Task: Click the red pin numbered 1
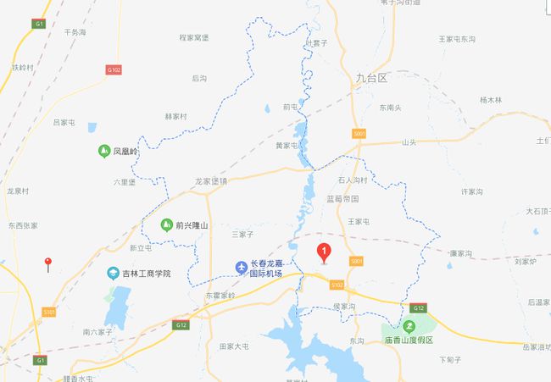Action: pos(323,252)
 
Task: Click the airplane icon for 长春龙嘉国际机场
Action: pos(242,269)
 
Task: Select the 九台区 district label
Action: pos(371,78)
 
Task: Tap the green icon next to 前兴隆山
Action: pos(166,224)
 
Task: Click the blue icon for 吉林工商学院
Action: pos(113,273)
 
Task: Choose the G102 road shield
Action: pos(114,69)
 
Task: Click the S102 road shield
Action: pos(337,285)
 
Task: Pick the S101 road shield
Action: pos(48,312)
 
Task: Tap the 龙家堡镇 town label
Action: pos(211,181)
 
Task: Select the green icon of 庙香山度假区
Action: pos(409,326)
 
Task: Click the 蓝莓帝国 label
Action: pos(342,198)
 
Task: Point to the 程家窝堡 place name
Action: pos(194,37)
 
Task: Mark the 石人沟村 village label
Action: pos(353,180)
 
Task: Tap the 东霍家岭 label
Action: pos(220,295)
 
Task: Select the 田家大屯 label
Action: pos(234,346)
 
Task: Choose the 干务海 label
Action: pos(75,32)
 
